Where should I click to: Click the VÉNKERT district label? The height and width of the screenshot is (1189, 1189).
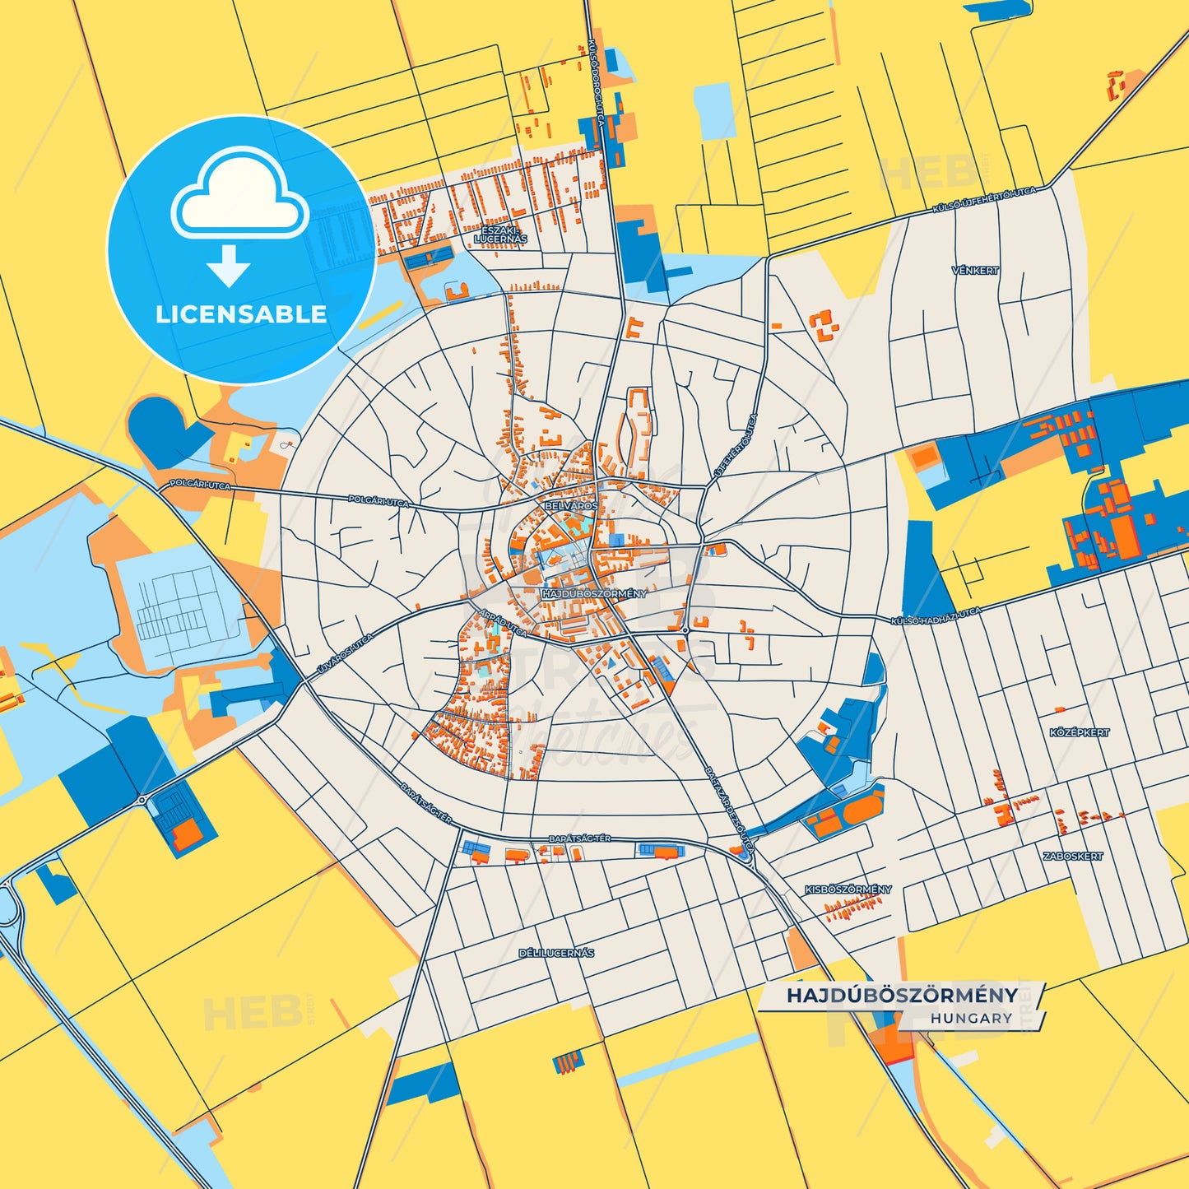pyautogui.click(x=975, y=270)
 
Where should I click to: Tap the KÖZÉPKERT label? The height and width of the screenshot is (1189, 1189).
pyautogui.click(x=1080, y=732)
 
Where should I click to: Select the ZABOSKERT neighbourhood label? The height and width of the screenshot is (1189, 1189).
pyautogui.click(x=1073, y=857)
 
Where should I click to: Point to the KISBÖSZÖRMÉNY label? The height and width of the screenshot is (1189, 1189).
pyautogui.click(x=848, y=889)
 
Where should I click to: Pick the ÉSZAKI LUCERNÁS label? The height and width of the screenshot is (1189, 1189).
pyautogui.click(x=500, y=235)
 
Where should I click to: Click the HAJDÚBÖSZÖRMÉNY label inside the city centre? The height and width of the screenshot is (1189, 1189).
pyautogui.click(x=594, y=593)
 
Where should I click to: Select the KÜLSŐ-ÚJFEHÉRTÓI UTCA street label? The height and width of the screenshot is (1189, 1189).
pyautogui.click(x=983, y=200)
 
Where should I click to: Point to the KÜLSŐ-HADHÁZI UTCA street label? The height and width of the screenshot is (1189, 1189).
pyautogui.click(x=936, y=616)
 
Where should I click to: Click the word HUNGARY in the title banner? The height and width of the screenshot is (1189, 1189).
pyautogui.click(x=972, y=1018)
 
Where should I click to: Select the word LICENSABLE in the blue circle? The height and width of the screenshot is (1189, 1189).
pyautogui.click(x=241, y=314)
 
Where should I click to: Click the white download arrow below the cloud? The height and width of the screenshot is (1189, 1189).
pyautogui.click(x=229, y=265)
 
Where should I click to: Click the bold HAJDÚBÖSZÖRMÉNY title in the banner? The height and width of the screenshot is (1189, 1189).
pyautogui.click(x=902, y=995)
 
